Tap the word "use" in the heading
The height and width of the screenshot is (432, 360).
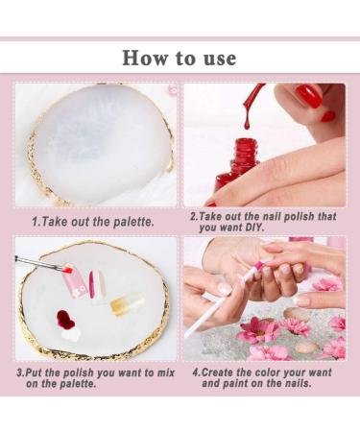click(220, 60)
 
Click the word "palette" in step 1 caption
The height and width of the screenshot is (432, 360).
click(133, 222)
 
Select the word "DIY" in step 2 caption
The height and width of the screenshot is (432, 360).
click(254, 228)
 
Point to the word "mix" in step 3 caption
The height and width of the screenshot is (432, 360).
click(165, 372)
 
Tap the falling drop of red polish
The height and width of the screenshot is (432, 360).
click(247, 123)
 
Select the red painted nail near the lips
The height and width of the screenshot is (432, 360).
click(308, 96)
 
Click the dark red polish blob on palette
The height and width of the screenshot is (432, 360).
click(65, 319)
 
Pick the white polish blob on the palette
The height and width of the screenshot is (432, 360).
click(71, 334)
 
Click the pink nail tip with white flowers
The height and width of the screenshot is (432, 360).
click(75, 281)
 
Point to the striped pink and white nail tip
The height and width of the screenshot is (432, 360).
click(97, 285)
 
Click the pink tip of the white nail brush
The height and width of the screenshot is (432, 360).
click(258, 265)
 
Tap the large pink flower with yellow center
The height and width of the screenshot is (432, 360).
click(260, 330)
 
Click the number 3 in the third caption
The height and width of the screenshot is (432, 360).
click(19, 373)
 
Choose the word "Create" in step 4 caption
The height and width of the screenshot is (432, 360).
click(218, 372)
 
